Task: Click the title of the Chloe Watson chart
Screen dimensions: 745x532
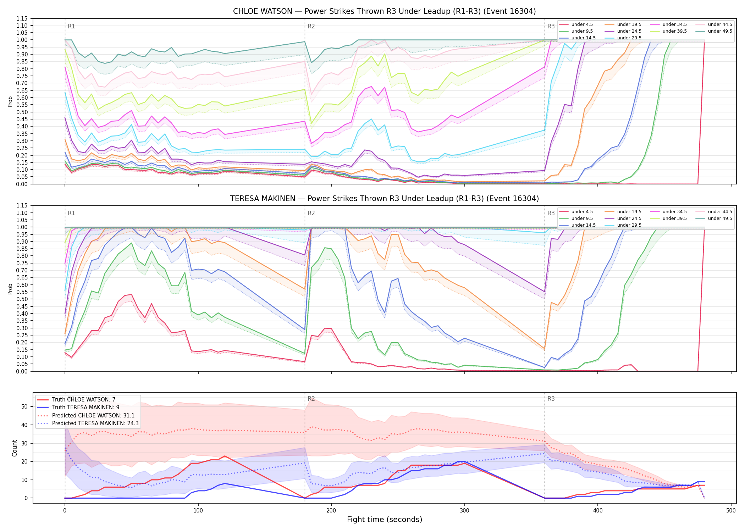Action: pos(384,11)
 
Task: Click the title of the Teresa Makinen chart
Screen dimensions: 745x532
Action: pos(384,199)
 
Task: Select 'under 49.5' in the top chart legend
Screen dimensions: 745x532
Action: pos(720,31)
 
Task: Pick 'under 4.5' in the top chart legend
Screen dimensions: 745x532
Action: pos(582,24)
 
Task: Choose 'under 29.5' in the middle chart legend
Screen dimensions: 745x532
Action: pos(629,225)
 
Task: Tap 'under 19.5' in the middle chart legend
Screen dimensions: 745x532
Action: pos(629,212)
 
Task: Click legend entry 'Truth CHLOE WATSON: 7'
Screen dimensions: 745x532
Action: pos(84,400)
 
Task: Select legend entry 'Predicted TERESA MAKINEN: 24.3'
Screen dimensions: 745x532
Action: pos(95,423)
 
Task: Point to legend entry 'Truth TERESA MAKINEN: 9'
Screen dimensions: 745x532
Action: pos(86,408)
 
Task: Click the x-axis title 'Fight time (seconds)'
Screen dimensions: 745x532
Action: pos(385,520)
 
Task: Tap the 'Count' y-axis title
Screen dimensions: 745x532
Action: pos(15,448)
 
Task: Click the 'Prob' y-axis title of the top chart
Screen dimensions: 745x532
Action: pos(10,101)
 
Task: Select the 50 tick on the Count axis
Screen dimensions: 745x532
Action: pos(24,407)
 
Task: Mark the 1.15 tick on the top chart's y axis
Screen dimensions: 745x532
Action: pos(22,18)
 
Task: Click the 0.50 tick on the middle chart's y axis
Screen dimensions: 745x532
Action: pos(22,299)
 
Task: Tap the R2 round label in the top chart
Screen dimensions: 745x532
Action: pos(311,26)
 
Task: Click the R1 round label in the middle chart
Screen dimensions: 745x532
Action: pos(71,213)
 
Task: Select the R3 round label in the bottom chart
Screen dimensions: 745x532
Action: pos(551,399)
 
